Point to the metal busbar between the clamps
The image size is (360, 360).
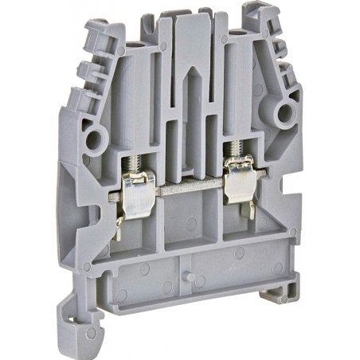point(188,191)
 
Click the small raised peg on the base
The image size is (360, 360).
point(194,276)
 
